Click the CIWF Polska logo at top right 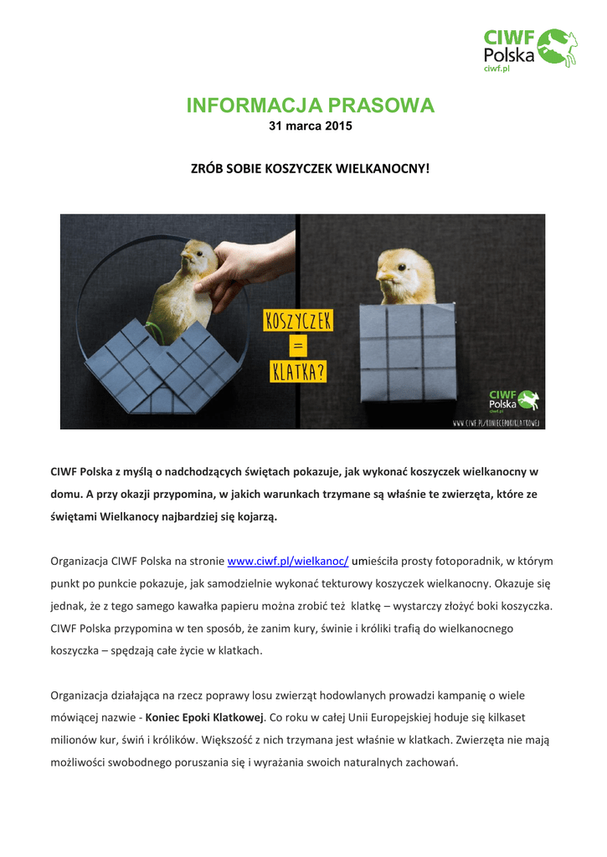pos(530,49)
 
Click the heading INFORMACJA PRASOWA pos(311,105)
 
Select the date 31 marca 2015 pos(310,126)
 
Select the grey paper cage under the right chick pos(404,352)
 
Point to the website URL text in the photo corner pos(498,423)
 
